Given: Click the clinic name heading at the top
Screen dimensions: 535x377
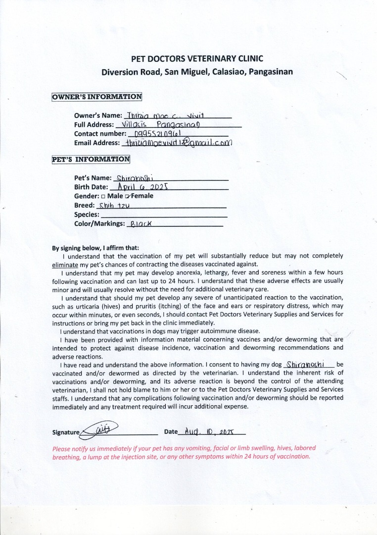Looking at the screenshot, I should point(197,58).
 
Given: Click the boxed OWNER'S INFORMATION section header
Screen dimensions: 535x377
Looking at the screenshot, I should point(97,97).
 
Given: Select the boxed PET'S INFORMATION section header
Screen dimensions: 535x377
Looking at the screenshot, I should point(91,160).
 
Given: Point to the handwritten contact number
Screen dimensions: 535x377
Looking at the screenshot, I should point(153,134).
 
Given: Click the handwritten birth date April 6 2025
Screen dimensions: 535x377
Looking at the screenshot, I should point(143,187).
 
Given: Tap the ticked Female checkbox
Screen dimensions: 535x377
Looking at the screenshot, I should point(128,196).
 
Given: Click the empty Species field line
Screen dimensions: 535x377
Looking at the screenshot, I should point(163,215).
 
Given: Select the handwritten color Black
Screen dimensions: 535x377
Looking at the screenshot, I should point(140,224).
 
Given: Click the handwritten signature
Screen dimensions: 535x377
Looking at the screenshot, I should point(99,429).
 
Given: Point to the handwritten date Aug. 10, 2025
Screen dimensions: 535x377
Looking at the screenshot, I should point(208,431).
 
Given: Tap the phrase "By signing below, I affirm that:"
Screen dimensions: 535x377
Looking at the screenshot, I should point(95,248).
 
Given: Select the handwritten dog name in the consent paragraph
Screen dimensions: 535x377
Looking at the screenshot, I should point(305,365).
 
